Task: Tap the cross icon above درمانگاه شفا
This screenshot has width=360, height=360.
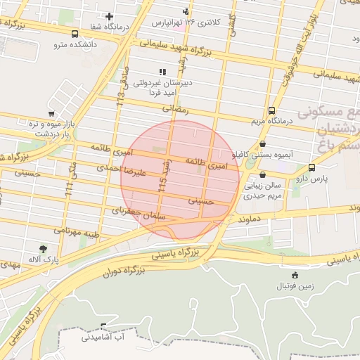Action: pyautogui.click(x=109, y=16)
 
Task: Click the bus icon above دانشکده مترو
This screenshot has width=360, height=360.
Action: pyautogui.click(x=75, y=33)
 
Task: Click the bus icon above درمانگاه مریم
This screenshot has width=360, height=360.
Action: pyautogui.click(x=272, y=110)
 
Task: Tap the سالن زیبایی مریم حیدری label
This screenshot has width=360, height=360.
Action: pyautogui.click(x=262, y=191)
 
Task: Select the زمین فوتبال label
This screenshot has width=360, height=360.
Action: pyautogui.click(x=295, y=286)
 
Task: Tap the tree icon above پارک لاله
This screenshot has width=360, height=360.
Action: pyautogui.click(x=44, y=249)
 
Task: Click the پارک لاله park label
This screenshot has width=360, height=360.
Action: pyautogui.click(x=42, y=260)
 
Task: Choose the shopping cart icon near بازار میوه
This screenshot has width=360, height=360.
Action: pyautogui.click(x=51, y=113)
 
